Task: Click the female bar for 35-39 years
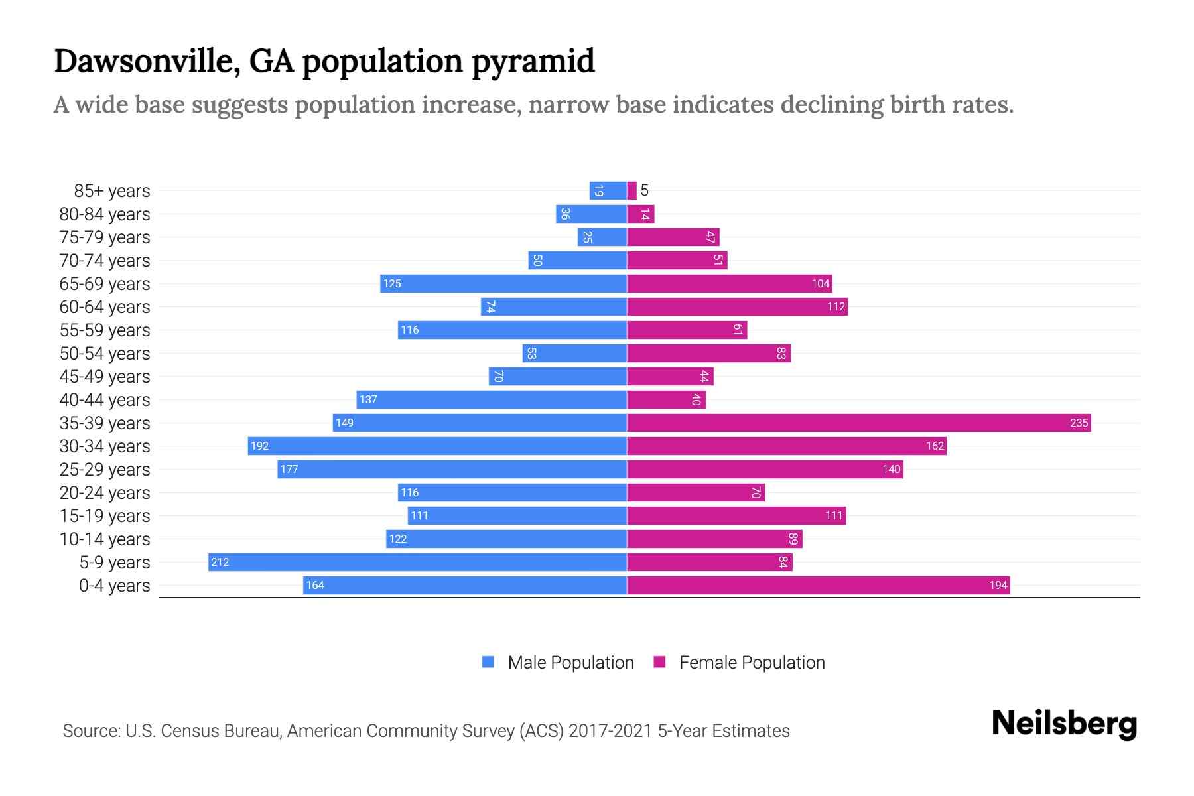click(858, 423)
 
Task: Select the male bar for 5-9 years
click(417, 562)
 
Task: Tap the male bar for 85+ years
click(608, 190)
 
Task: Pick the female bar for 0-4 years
click(818, 585)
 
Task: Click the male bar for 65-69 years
click(503, 283)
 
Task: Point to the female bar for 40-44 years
click(666, 399)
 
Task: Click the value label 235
click(1079, 423)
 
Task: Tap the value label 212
click(220, 562)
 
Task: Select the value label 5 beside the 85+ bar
click(644, 190)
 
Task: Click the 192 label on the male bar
click(259, 446)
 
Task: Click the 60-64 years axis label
click(105, 306)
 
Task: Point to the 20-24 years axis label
click(105, 492)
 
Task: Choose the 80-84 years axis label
click(105, 214)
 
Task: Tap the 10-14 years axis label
click(105, 539)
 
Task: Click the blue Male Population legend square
click(488, 662)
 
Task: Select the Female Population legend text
click(752, 662)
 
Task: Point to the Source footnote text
click(426, 730)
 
